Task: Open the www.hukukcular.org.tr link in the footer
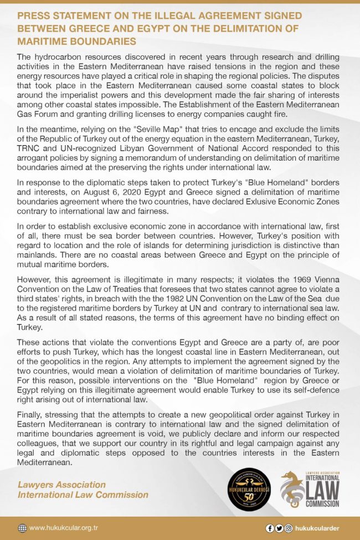pyautogui.click(x=65, y=528)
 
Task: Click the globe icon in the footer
pyautogui.click(x=22, y=528)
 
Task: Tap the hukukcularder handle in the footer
pyautogui.click(x=318, y=528)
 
